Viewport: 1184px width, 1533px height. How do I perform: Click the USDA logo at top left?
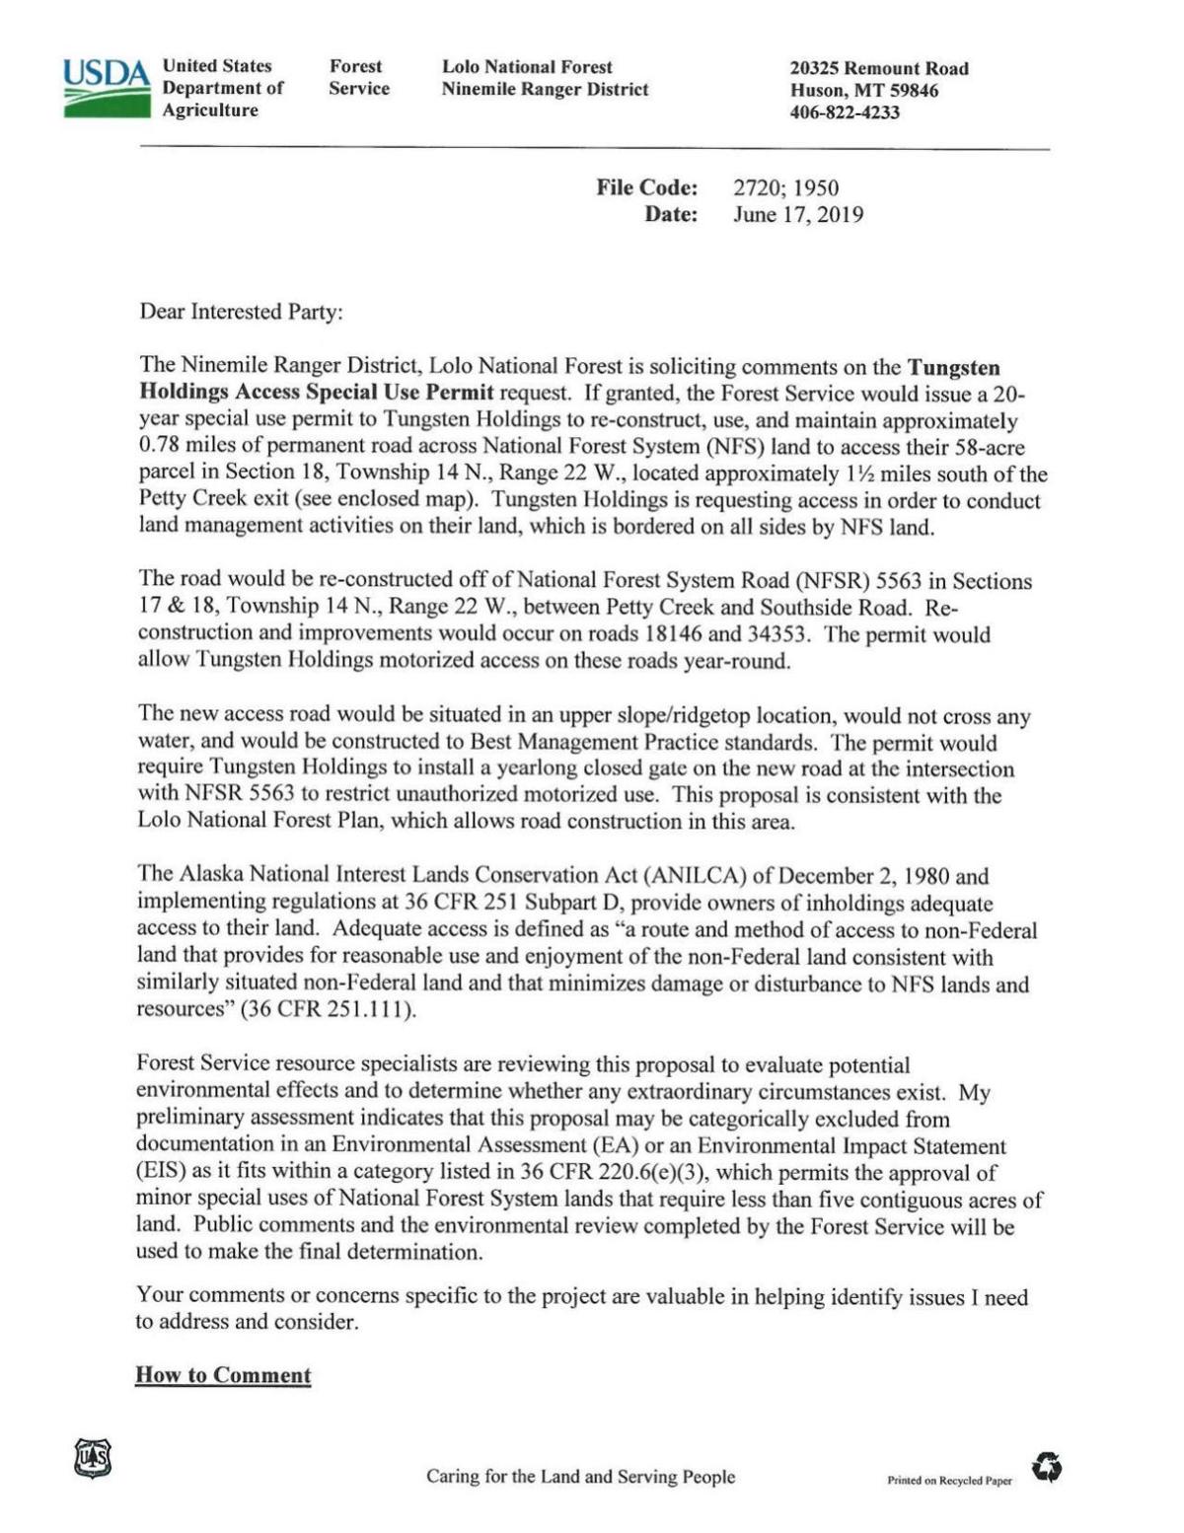(106, 88)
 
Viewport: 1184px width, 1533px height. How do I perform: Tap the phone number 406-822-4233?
(845, 112)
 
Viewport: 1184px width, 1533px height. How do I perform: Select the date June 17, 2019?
(797, 214)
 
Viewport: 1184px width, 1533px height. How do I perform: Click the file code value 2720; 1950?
(785, 187)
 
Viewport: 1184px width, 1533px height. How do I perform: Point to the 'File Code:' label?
(646, 187)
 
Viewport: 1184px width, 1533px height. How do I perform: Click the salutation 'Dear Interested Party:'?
(242, 312)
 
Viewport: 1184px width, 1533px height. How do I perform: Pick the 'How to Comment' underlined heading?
(223, 1375)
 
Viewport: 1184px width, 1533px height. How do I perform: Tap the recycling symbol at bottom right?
(1047, 1468)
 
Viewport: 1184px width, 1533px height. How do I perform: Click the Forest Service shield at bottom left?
(93, 1458)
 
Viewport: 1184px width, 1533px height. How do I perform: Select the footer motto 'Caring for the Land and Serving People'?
(580, 1477)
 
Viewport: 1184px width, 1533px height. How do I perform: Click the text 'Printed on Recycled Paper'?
(949, 1481)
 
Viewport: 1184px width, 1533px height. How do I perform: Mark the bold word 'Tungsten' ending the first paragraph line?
(953, 368)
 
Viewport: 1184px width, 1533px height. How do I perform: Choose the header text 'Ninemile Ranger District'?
(545, 90)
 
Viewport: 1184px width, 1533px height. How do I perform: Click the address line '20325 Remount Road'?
(879, 68)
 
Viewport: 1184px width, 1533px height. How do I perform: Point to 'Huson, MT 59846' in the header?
(864, 91)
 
